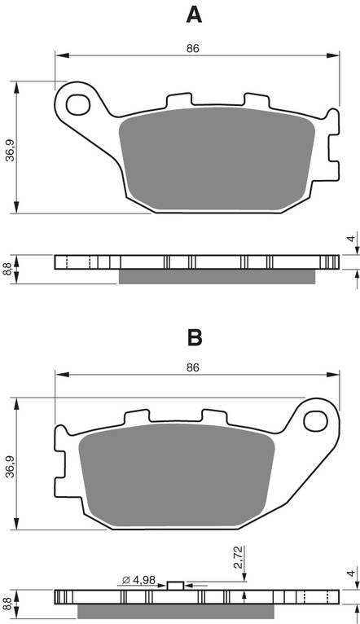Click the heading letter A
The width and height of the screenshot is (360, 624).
pos(193,14)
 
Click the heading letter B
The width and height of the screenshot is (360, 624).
pos(194,337)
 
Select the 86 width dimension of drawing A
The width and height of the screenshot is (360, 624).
pos(193,49)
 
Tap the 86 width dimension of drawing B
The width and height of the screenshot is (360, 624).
pos(193,367)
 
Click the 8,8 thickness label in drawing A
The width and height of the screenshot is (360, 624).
pos(8,269)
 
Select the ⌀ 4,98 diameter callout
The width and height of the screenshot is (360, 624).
pos(138,579)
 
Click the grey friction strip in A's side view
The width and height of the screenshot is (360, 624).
pos(216,278)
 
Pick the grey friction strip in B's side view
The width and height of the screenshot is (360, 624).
pos(175,612)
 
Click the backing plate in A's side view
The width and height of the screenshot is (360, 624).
pos(195,261)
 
